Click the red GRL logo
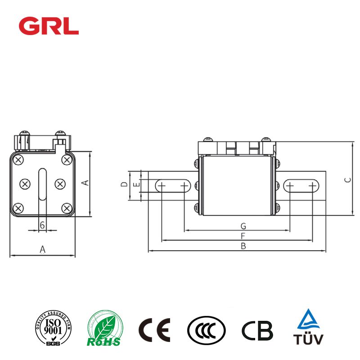(x=49, y=26)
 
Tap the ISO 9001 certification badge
(x=51, y=330)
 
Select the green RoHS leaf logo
(x=104, y=330)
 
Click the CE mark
(x=154, y=330)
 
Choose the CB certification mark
(x=257, y=330)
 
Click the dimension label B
(x=243, y=246)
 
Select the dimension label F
(x=243, y=236)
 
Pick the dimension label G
(x=243, y=225)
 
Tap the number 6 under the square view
(x=42, y=225)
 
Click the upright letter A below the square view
(x=42, y=249)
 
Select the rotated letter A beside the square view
(x=83, y=182)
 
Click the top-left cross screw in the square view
(x=18, y=160)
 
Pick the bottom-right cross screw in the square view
(x=67, y=207)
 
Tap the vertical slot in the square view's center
(x=42, y=184)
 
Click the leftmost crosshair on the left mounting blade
(x=162, y=185)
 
